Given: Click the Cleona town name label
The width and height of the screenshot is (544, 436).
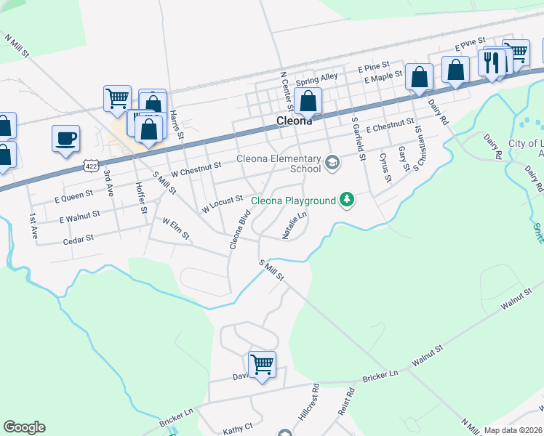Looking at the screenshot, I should (x=295, y=121).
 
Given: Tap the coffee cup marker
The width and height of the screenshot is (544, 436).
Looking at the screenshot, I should (x=65, y=138).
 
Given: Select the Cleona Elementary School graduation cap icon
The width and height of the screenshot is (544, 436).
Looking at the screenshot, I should (x=332, y=163).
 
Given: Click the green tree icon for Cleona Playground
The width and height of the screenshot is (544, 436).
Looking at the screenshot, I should (x=347, y=200).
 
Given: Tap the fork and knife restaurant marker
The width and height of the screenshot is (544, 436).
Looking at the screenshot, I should (x=492, y=64).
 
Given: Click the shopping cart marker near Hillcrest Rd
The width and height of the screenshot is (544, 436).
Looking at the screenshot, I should (x=261, y=364).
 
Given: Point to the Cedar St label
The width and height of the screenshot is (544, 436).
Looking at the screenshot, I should (x=79, y=238).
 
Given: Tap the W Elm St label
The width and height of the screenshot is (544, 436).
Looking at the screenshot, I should (x=175, y=228).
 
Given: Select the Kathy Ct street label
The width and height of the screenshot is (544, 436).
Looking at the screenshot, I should (x=239, y=427).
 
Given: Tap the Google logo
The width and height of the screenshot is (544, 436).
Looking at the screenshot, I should (x=24, y=427).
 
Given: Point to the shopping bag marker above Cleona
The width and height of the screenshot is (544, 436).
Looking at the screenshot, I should (x=308, y=101).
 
